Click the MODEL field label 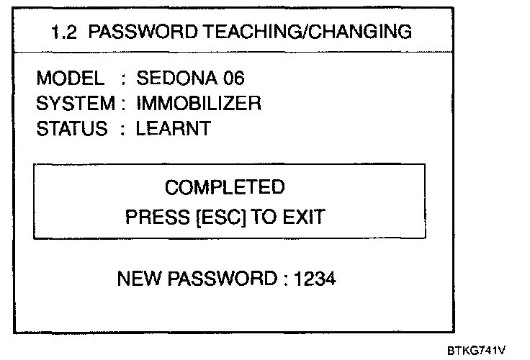[x=70, y=78]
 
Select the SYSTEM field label [x=75, y=104]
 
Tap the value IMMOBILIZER [x=198, y=104]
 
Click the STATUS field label [x=71, y=130]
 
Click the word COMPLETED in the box [x=225, y=188]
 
